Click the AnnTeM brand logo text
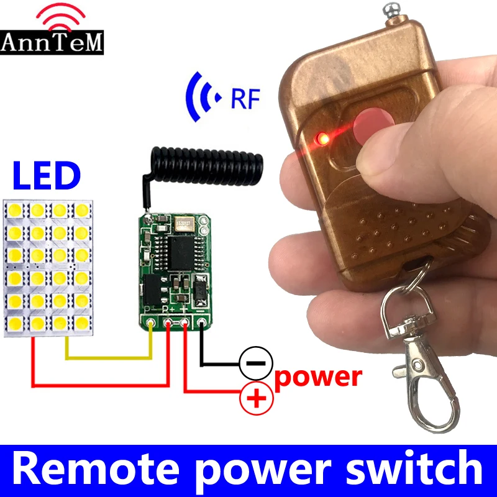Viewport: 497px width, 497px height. coord(52,42)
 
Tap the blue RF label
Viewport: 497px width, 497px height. coord(245,99)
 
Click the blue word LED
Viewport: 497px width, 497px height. coord(47,175)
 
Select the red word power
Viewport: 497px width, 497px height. coord(318,377)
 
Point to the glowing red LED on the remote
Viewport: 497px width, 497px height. coord(322,138)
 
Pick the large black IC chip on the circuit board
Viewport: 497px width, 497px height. coord(181,253)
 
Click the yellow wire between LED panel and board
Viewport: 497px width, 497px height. coord(108,358)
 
